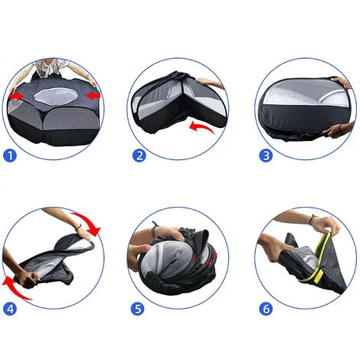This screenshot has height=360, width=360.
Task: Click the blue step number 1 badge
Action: click(10, 155)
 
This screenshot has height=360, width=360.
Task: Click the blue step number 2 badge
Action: click(139, 155)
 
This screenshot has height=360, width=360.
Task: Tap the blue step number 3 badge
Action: click(266, 155)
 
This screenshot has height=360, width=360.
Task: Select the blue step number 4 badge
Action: click(10, 309)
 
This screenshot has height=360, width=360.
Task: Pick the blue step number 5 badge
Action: click(138, 309)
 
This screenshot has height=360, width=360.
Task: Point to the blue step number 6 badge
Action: click(266, 309)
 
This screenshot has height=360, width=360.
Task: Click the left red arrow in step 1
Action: click(16, 97)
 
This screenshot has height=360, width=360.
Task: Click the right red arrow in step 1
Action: click(93, 96)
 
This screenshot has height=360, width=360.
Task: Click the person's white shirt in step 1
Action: click(52, 67)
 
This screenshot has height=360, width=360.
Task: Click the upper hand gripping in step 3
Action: click(342, 82)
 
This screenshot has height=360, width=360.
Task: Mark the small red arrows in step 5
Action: click(205, 258)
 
